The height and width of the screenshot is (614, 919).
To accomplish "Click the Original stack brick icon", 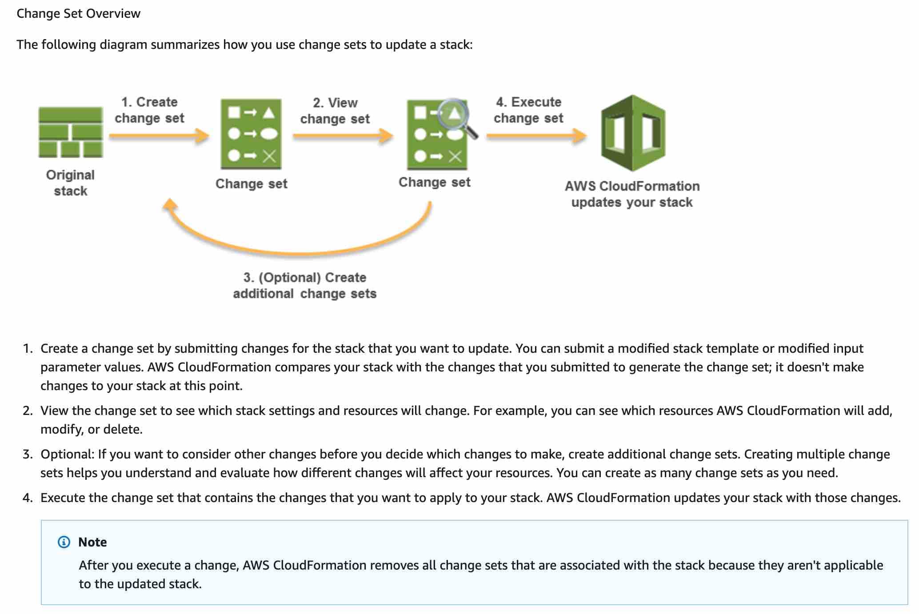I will point(71,132).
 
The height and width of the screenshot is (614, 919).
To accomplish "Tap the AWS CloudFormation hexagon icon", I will point(633,133).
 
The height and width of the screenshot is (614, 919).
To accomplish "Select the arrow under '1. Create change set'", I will point(159,136).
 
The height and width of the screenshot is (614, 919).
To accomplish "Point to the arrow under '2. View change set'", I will point(343,136).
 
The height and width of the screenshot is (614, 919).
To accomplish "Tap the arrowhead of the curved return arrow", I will point(170,205).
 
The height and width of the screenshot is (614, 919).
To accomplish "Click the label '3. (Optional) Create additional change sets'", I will point(305,285).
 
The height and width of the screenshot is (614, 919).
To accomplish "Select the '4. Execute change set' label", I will point(528,110).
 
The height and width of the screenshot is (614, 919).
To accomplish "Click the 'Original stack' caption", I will point(71,183).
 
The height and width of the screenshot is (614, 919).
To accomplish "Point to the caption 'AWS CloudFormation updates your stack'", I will point(632,194).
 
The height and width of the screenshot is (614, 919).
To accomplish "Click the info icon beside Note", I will point(64,542).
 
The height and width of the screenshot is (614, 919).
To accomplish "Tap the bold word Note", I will point(92,542).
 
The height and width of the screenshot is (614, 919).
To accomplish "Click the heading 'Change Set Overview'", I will point(78,13).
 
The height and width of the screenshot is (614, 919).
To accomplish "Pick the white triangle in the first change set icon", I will point(268,112).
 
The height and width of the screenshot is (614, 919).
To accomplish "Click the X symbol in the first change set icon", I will point(269,156).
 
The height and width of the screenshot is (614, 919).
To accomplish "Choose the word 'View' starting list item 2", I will point(54,411).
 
